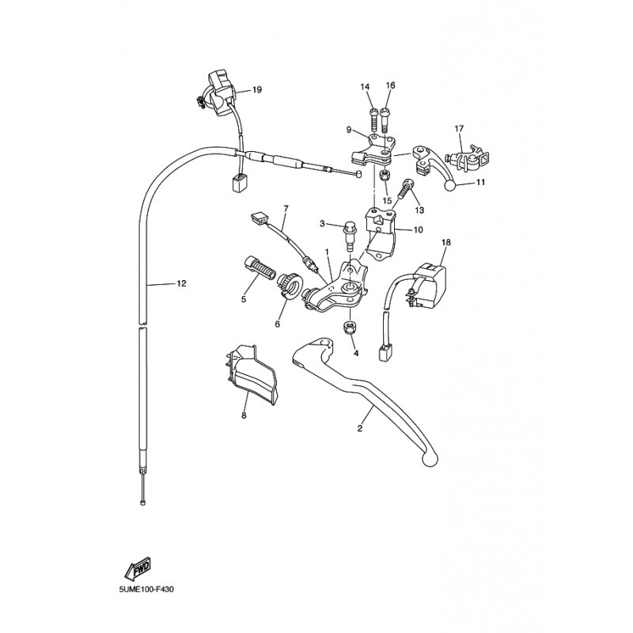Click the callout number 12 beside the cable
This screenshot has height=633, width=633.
tap(182, 283)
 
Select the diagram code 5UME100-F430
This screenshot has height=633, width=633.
tap(146, 589)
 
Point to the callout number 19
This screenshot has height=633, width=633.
tap(256, 89)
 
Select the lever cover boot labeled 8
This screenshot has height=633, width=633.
tap(250, 373)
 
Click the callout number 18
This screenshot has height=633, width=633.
tap(445, 242)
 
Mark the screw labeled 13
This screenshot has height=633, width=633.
tap(404, 188)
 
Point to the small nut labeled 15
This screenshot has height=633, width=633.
tap(385, 176)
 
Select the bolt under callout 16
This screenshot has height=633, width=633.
tap(385, 119)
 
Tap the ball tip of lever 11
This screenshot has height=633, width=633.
tap(450, 185)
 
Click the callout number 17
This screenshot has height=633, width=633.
tap(459, 129)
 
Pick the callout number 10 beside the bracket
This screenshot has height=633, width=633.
tap(419, 229)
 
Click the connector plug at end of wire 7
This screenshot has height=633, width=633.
tap(259, 218)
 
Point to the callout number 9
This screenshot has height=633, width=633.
tap(349, 130)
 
